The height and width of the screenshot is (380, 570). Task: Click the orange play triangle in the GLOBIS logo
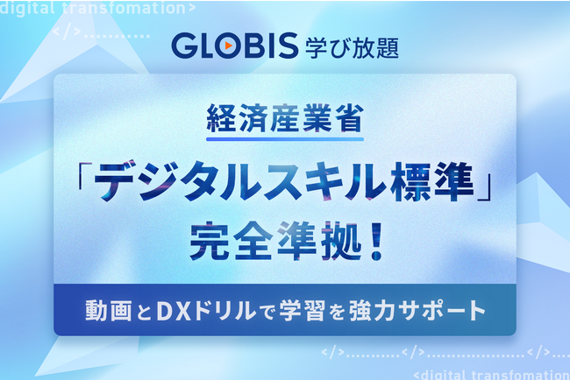(229, 46)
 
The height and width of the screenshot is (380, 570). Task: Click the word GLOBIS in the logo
(235, 46)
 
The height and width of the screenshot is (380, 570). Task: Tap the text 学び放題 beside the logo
(352, 47)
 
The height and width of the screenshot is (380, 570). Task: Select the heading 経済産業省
(285, 118)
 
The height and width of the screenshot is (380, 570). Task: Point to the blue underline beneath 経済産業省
(285, 139)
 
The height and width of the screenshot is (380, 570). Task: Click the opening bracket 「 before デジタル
(85, 176)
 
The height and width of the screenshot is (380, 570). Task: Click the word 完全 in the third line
(231, 241)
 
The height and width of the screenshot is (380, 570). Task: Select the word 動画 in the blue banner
(109, 311)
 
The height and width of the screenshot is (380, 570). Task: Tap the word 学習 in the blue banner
(302, 311)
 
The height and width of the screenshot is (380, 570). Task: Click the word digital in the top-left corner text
(28, 8)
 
